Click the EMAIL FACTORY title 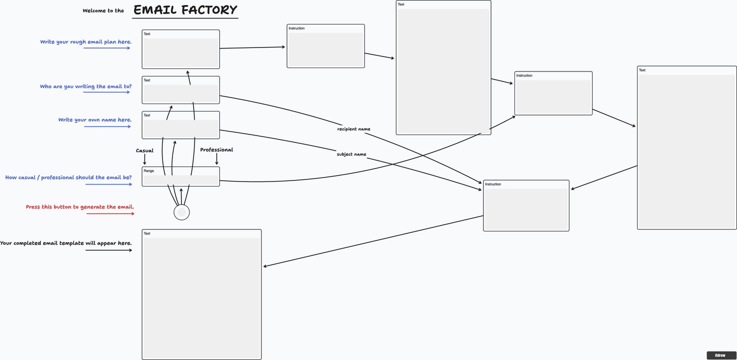(185, 10)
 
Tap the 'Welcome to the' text (103, 10)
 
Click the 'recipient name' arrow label (353, 129)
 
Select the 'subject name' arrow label (351, 154)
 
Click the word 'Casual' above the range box (144, 150)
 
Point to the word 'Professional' (216, 149)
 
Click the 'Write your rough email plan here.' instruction (85, 42)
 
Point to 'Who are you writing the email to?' (85, 86)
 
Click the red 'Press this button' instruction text (79, 207)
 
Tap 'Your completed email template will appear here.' (65, 243)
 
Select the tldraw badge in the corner (720, 355)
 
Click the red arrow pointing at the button (110, 214)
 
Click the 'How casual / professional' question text (68, 177)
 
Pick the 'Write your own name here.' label (94, 120)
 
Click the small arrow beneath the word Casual (144, 159)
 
